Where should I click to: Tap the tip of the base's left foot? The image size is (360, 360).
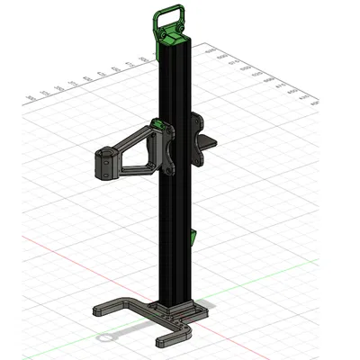(97, 312)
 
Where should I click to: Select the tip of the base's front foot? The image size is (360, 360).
(161, 342)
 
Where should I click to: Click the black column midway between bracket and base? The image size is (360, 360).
(174, 234)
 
